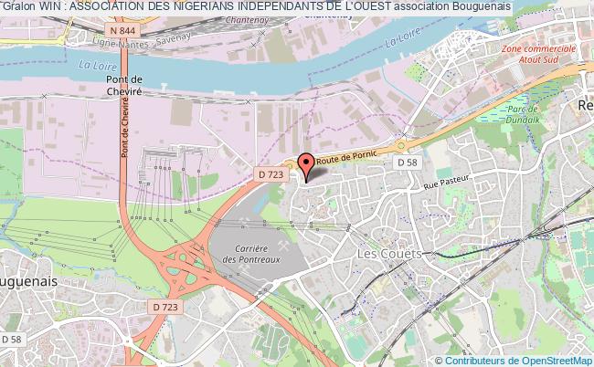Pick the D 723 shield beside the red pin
coord(269,173)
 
